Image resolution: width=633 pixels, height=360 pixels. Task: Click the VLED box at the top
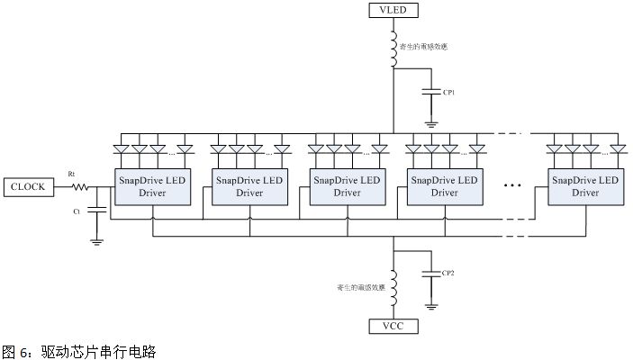point(393,11)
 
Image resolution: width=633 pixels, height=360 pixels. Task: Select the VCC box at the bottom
point(393,325)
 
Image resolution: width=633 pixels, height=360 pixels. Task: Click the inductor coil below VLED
point(393,52)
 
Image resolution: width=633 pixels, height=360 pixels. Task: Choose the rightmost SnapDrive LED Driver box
point(585,186)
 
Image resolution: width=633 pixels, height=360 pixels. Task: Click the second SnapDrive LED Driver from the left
point(248,186)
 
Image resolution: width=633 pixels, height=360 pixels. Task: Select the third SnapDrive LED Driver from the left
point(347,186)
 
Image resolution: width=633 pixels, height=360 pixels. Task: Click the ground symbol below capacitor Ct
point(98,240)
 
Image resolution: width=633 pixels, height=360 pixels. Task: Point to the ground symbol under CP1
point(431,122)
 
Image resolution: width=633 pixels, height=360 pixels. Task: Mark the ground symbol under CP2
point(431,306)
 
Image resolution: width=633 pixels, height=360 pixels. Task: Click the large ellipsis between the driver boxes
point(513,187)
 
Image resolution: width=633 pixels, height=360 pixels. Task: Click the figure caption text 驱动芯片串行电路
point(99,350)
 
